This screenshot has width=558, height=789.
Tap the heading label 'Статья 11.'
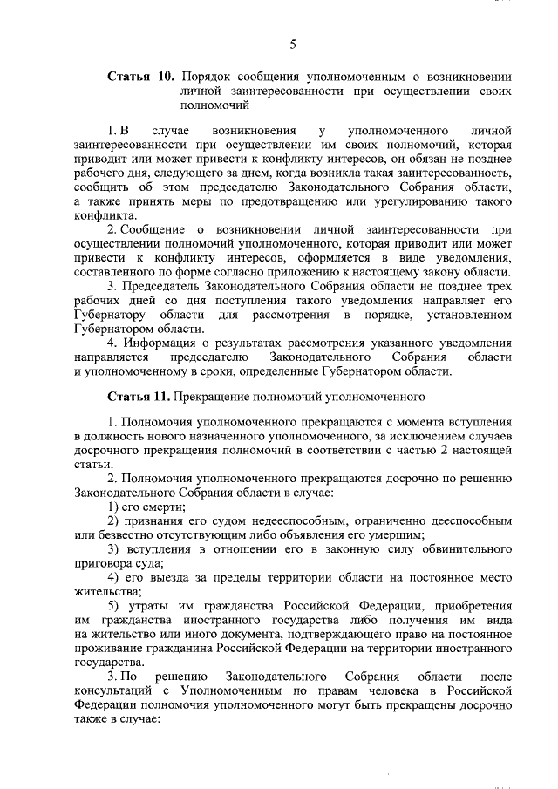click(x=139, y=397)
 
